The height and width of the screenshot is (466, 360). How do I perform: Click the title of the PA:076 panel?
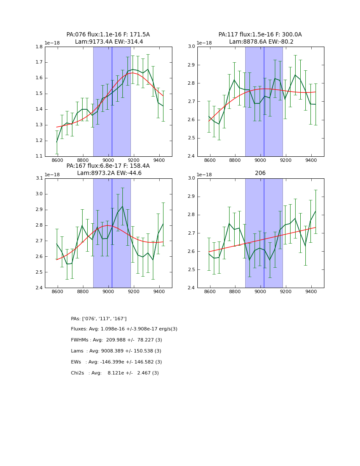[108, 38]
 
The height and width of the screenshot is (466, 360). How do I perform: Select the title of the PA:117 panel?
[260, 38]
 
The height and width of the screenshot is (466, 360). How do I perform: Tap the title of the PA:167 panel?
[108, 169]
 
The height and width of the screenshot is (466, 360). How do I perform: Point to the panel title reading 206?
[260, 173]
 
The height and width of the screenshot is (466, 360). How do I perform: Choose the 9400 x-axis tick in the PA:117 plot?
[311, 161]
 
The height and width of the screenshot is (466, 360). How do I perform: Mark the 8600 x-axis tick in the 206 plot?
[210, 292]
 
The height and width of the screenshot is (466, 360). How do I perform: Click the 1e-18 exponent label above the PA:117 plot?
[204, 43]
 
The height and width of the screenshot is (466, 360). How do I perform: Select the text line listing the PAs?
[99, 319]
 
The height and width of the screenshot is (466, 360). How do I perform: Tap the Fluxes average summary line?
[124, 329]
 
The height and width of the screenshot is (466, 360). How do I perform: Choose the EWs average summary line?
[116, 362]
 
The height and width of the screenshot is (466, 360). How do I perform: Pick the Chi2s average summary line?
[115, 373]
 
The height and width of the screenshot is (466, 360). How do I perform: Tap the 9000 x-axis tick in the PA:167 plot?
[108, 292]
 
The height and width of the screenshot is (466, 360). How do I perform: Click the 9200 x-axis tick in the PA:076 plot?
[134, 161]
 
